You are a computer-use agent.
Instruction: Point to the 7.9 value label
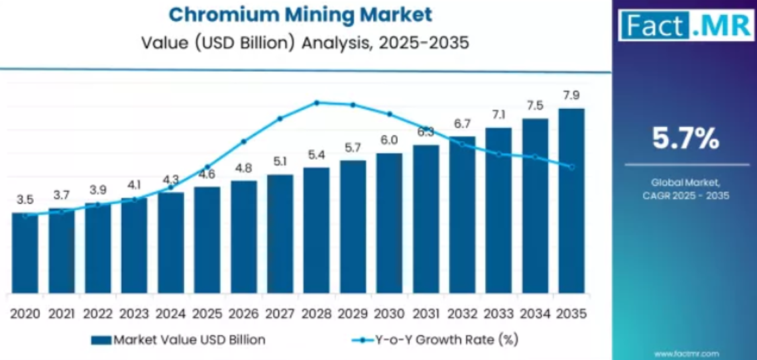point(571,96)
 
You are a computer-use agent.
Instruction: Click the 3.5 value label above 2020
point(25,200)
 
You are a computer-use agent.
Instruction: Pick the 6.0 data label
point(389,140)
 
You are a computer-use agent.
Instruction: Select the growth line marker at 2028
point(317,103)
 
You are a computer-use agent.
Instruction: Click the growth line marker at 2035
point(571,167)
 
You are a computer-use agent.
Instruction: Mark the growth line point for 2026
point(243,141)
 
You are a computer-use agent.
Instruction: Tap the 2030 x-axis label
point(389,314)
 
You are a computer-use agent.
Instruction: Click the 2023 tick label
point(134,314)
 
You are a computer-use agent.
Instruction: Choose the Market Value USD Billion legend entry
point(178,340)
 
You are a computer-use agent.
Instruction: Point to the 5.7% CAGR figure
point(685,139)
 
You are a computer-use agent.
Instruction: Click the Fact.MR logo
point(685,25)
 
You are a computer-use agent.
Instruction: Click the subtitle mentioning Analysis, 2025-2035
point(306,43)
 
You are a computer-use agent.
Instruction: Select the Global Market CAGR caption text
point(685,189)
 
